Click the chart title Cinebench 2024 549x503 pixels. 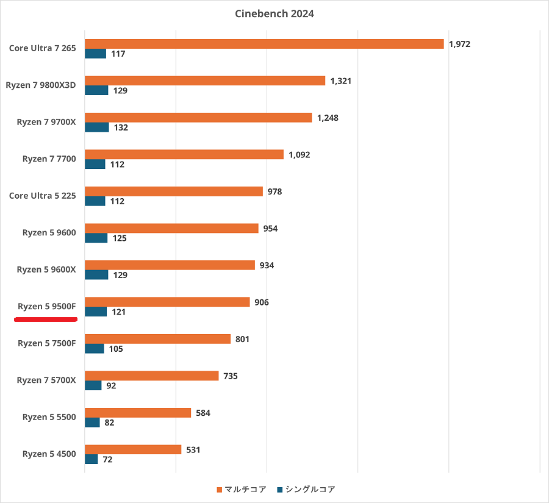[x=274, y=13]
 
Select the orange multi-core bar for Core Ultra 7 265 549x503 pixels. [x=264, y=44]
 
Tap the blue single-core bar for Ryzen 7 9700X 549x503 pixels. [x=96, y=127]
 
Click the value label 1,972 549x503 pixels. [x=459, y=44]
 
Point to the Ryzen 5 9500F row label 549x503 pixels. [x=46, y=306]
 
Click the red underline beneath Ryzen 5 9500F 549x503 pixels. [x=45, y=318]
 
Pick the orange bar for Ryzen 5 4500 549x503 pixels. [x=133, y=450]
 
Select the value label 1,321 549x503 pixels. [x=341, y=81]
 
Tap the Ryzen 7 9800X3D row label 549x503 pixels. [x=41, y=85]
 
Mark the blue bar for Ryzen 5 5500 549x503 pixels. [x=92, y=423]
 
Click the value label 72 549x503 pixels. [x=107, y=460]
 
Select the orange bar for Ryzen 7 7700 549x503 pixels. [x=184, y=155]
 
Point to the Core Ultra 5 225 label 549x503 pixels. [x=43, y=196]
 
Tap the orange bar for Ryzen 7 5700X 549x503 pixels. [x=151, y=376]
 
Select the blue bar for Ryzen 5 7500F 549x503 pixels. [x=94, y=349]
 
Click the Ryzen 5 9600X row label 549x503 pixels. [x=46, y=269]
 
